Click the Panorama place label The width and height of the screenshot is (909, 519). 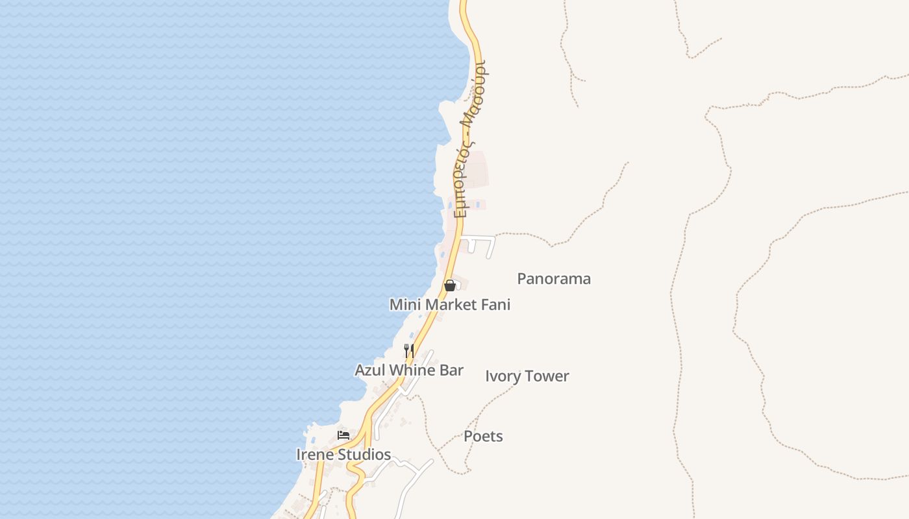coord(554,279)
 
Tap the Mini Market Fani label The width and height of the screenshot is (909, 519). coord(450,304)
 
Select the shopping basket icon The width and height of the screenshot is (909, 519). coord(449,285)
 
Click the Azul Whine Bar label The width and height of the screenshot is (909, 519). coord(409,370)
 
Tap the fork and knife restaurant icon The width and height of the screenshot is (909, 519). coord(409,351)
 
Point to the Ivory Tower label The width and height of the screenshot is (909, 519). coord(527,376)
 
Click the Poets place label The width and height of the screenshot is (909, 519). coord(483,436)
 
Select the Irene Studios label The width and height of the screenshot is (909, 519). coord(343,455)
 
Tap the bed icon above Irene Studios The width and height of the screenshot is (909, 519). coord(343,435)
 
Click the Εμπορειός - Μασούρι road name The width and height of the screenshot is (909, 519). coord(473,139)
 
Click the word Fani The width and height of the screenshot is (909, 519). coord(496,304)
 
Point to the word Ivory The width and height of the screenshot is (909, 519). coord(503,376)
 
